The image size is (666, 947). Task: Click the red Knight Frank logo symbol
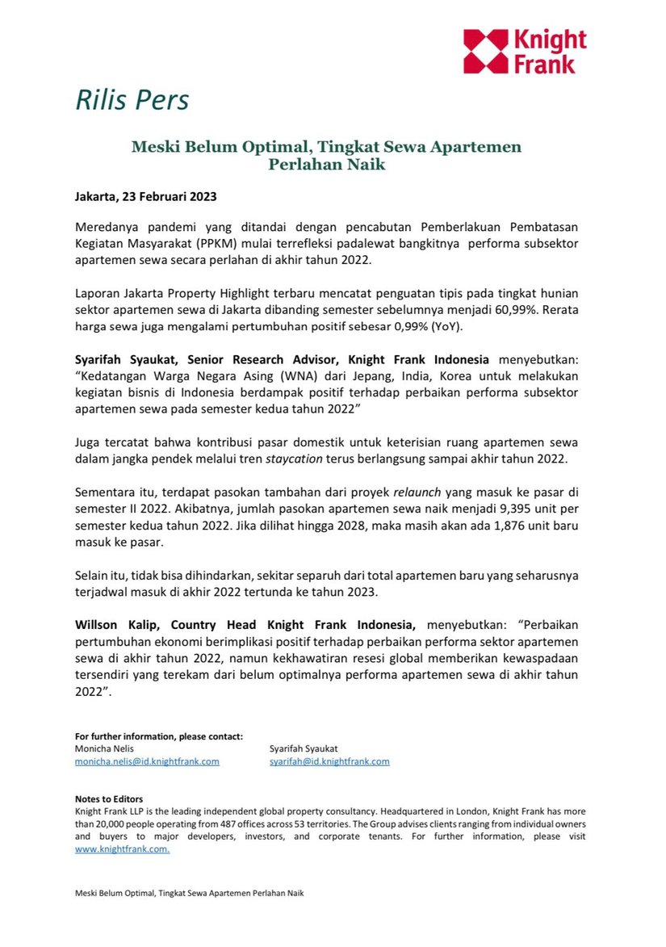486,52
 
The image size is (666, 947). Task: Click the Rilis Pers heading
132,100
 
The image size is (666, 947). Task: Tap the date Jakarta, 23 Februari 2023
146,196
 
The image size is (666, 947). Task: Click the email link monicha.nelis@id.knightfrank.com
147,761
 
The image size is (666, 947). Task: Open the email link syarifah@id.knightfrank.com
329,761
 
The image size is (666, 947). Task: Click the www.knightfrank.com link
122,849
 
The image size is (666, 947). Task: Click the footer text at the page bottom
190,893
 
